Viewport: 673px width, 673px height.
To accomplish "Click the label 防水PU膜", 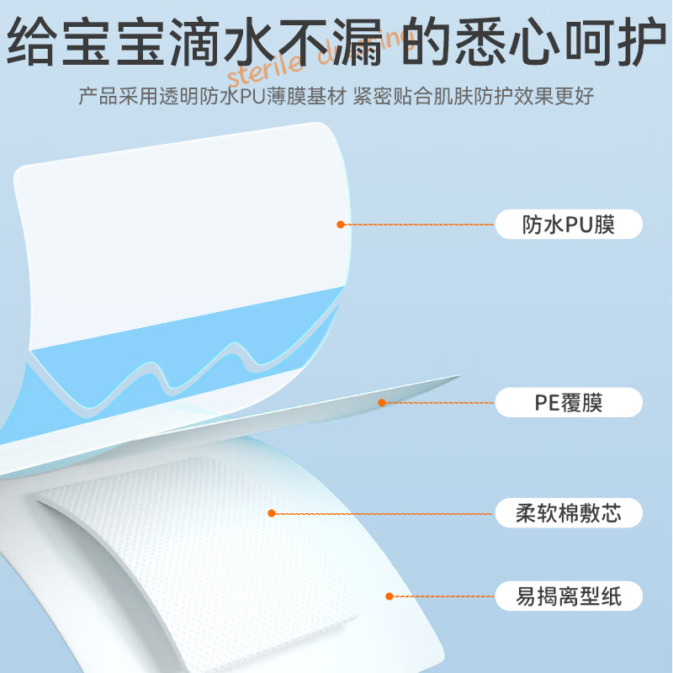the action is (x=569, y=224).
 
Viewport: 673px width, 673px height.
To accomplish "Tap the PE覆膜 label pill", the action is (x=569, y=402).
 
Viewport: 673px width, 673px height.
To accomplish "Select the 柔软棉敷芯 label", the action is (x=569, y=513).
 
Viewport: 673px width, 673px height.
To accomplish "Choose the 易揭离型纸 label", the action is (x=569, y=596).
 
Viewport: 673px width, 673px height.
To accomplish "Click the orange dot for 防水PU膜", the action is (x=341, y=225).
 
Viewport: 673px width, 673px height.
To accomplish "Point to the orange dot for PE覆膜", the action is (x=382, y=403).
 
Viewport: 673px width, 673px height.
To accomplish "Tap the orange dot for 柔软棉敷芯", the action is (x=271, y=513).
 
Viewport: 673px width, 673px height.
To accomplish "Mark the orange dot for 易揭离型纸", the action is (x=389, y=596).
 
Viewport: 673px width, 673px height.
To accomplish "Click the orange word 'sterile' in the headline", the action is (x=265, y=71).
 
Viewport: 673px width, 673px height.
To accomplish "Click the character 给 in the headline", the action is (x=32, y=41).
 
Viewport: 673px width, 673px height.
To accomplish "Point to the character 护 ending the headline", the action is (x=641, y=41).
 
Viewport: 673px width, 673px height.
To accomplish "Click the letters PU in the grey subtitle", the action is (x=253, y=96).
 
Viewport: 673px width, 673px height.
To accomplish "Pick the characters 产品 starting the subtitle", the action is (x=98, y=96).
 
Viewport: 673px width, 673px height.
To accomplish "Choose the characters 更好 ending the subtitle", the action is (x=575, y=96).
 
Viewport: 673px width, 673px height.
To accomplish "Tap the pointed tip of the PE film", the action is (x=458, y=376).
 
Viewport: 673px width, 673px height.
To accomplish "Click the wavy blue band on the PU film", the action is (x=180, y=352).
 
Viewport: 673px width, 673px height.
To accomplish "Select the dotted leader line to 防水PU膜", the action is (x=419, y=225).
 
